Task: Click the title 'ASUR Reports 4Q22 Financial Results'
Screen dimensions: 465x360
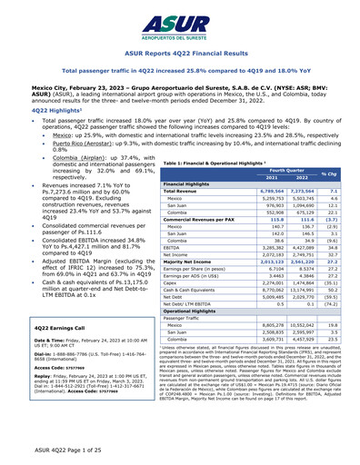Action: (x=180, y=54)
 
